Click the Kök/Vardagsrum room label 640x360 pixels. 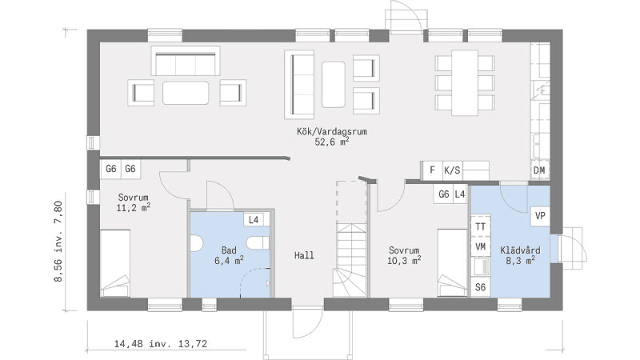pos(332,131)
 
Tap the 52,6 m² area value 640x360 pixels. pos(332,142)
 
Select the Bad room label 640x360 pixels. pos(229,250)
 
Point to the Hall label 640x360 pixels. pos(305,255)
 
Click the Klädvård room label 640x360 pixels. pos(521,250)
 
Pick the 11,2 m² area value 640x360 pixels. pos(133,208)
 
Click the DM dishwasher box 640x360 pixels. pos(539,170)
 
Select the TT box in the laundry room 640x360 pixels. pos(481,226)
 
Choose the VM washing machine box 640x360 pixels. pos(481,246)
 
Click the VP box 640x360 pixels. pos(540,216)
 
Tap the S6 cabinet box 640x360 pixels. pos(481,287)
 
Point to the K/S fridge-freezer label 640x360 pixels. pos(452,170)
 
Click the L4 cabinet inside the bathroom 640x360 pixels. pos(254,220)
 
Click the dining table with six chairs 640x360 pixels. pos(465,83)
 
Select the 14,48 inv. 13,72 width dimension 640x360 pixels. pos(161,344)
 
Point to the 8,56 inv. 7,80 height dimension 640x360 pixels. pos(58,242)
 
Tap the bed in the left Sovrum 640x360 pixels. pos(115,263)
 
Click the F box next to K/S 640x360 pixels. pos(433,170)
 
